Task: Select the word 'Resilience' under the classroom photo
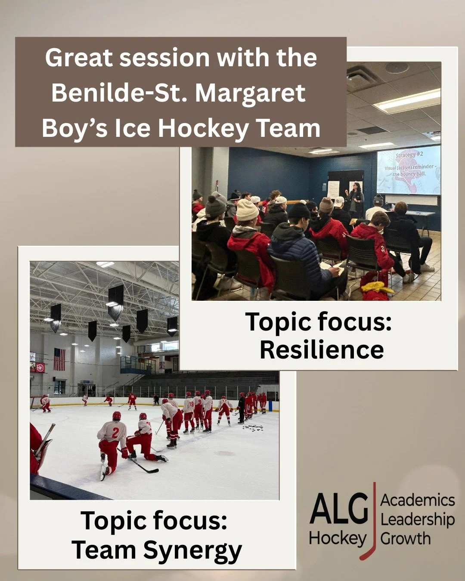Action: click(x=322, y=349)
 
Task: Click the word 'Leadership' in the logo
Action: click(x=417, y=519)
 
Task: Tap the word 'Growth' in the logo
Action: click(x=405, y=538)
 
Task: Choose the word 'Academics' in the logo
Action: click(x=417, y=500)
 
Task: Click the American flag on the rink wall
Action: click(x=59, y=359)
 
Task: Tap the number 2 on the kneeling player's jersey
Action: click(x=115, y=433)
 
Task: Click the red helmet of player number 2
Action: click(x=117, y=416)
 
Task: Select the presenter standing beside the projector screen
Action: click(x=356, y=200)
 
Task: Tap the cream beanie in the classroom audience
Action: click(x=247, y=210)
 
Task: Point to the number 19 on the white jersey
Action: click(x=191, y=404)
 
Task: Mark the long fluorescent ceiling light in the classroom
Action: click(x=407, y=99)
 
